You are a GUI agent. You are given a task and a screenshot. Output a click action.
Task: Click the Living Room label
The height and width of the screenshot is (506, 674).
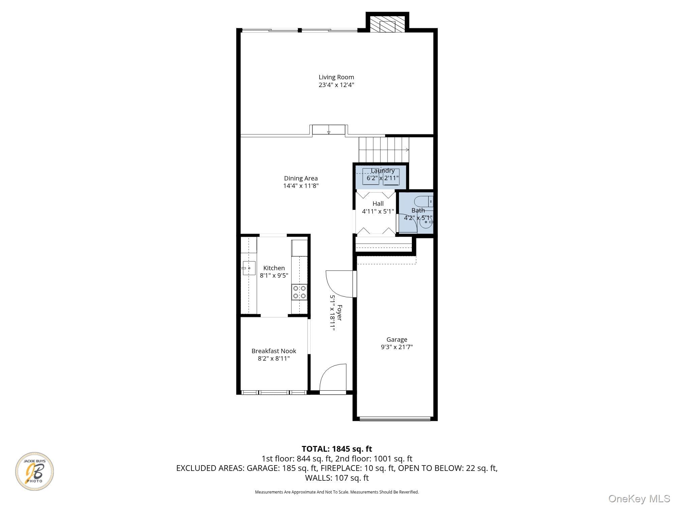pyautogui.click(x=336, y=77)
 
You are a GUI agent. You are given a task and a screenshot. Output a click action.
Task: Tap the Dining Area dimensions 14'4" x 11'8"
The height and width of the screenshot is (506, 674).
pyautogui.click(x=301, y=186)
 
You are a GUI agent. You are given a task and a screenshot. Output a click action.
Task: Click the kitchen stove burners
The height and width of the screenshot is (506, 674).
pyautogui.click(x=300, y=292)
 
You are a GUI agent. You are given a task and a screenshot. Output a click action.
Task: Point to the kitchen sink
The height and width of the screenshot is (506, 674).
pyautogui.click(x=249, y=268)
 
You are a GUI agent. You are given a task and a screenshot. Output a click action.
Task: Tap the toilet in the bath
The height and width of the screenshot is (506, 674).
pyautogui.click(x=424, y=201)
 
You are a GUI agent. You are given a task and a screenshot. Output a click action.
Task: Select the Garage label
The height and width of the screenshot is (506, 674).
pyautogui.click(x=397, y=340)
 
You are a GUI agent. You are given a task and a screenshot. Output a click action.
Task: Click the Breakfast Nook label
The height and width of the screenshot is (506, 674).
pyautogui.click(x=274, y=351)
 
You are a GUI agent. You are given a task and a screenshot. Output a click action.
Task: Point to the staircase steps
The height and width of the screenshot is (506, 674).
pyautogui.click(x=384, y=150)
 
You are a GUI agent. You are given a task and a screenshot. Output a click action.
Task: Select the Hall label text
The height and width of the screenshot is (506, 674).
pyautogui.click(x=378, y=204)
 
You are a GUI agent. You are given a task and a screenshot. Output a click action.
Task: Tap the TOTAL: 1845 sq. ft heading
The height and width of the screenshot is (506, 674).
pyautogui.click(x=337, y=449)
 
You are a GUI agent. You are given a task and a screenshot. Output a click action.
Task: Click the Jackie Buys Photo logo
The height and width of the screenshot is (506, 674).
pyautogui.click(x=34, y=471)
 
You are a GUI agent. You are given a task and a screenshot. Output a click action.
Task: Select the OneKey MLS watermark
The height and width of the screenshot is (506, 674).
pyautogui.click(x=639, y=498)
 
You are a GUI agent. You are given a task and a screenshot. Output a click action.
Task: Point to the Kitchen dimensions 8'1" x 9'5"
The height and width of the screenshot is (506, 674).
pyautogui.click(x=274, y=276)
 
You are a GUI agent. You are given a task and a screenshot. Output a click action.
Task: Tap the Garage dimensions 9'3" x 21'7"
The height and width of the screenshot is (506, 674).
pyautogui.click(x=397, y=347)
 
